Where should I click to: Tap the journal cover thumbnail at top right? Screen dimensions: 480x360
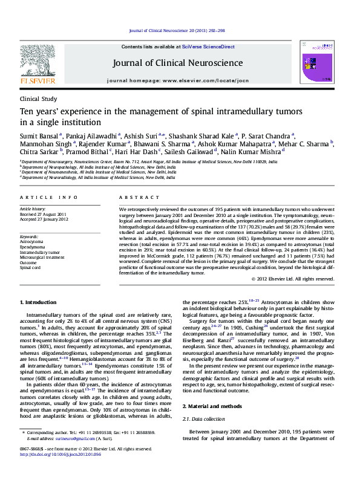click(x=327, y=62)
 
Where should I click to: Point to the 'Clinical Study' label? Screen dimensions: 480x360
click(x=38, y=99)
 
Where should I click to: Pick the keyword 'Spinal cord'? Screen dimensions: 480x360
click(x=29, y=267)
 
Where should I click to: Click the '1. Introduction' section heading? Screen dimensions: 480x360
click(x=38, y=302)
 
